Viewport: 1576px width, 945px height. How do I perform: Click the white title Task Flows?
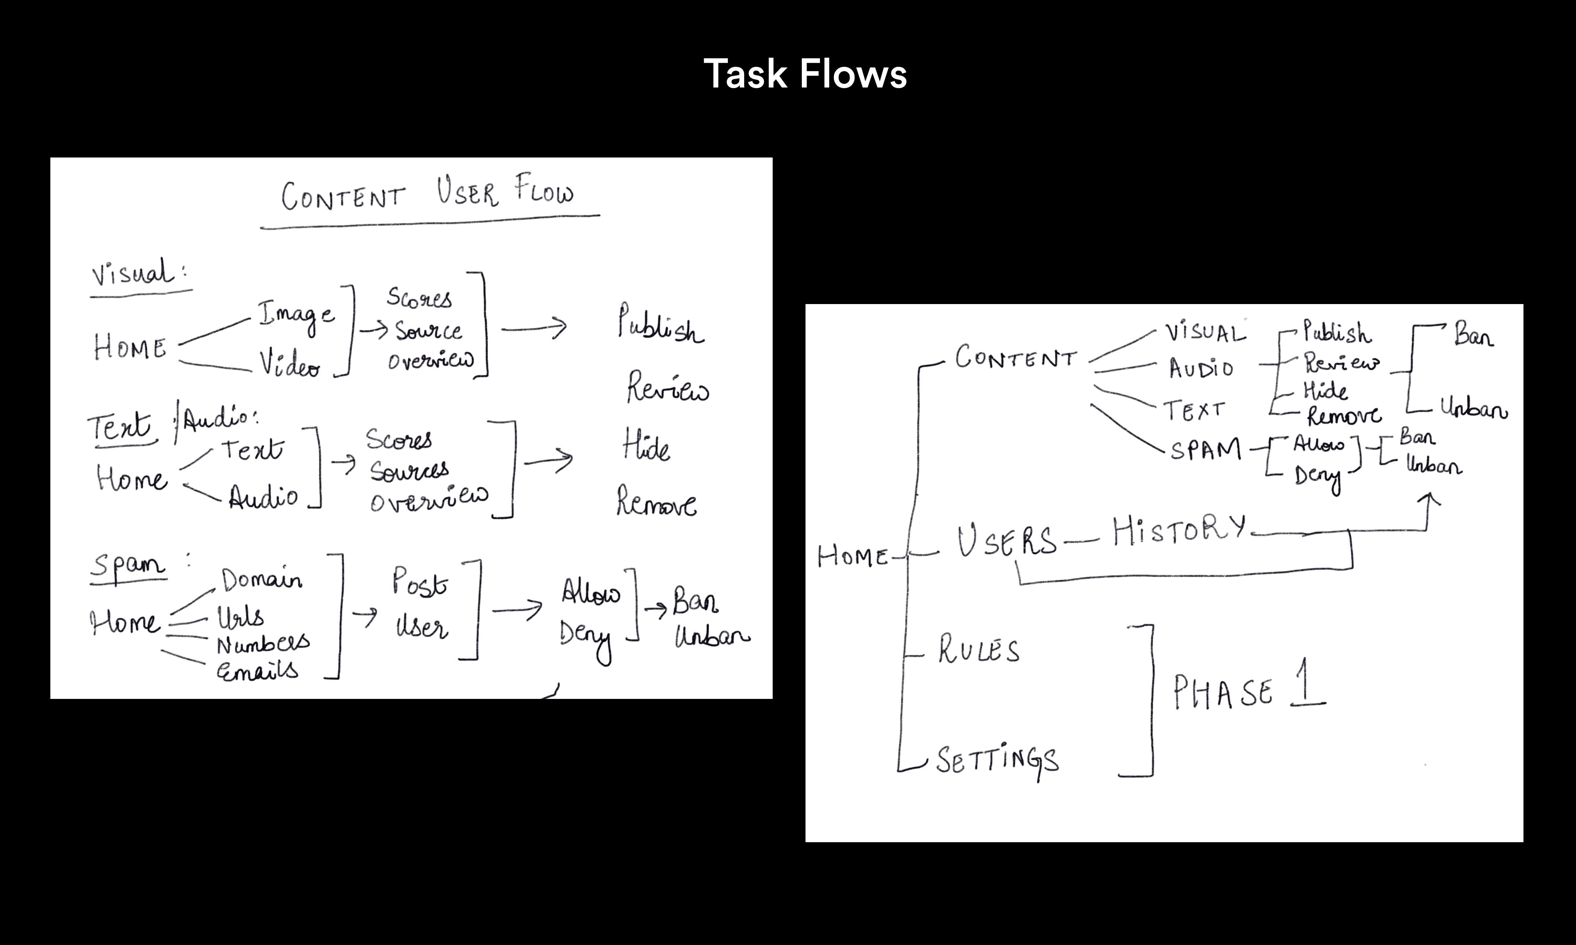(805, 74)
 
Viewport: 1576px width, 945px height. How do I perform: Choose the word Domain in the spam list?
(261, 579)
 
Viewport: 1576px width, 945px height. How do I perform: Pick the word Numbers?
(262, 644)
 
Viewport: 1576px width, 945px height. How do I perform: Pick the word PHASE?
(1223, 693)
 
